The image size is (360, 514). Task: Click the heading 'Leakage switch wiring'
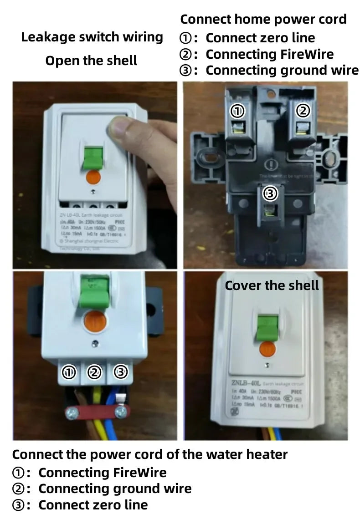coord(92,37)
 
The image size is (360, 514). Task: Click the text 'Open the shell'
coord(91,61)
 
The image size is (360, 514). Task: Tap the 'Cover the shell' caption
coord(272,285)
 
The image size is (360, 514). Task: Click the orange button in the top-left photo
coord(93,178)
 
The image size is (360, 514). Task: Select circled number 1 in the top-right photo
coord(237,110)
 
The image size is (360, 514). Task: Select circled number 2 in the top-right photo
coord(303,110)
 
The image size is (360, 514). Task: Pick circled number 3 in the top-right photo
coord(270,194)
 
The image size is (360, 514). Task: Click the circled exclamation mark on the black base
coord(272,164)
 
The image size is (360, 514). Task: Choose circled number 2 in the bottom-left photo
coord(94,373)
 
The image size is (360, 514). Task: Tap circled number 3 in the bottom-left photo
coord(120,372)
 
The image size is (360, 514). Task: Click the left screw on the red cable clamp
coord(71,413)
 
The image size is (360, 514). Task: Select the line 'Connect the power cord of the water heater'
coord(150,454)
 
